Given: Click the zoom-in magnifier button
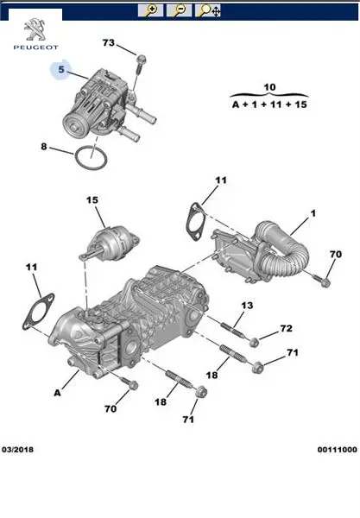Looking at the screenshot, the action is pyautogui.click(x=150, y=10).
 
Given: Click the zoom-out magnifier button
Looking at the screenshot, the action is pyautogui.click(x=179, y=10).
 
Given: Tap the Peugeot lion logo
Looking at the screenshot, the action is pyautogui.click(x=36, y=30).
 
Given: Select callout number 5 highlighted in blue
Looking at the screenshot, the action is pyautogui.click(x=61, y=69).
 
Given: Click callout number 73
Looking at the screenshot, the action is pyautogui.click(x=109, y=42).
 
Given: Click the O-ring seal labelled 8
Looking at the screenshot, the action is pyautogui.click(x=92, y=158).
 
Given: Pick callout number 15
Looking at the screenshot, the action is pyautogui.click(x=92, y=200).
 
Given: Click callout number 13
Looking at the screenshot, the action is pyautogui.click(x=247, y=306).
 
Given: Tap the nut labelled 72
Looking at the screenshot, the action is pyautogui.click(x=254, y=343).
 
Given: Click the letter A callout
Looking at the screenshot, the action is pyautogui.click(x=58, y=393).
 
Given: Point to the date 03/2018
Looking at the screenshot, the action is pyautogui.click(x=17, y=449).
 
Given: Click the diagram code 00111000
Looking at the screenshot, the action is pyautogui.click(x=338, y=449).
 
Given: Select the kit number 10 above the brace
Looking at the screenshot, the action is pyautogui.click(x=269, y=87).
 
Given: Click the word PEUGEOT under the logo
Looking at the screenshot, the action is pyautogui.click(x=35, y=47).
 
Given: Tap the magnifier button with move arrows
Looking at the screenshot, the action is pyautogui.click(x=208, y=10).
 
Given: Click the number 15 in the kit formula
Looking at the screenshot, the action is pyautogui.click(x=300, y=104).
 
